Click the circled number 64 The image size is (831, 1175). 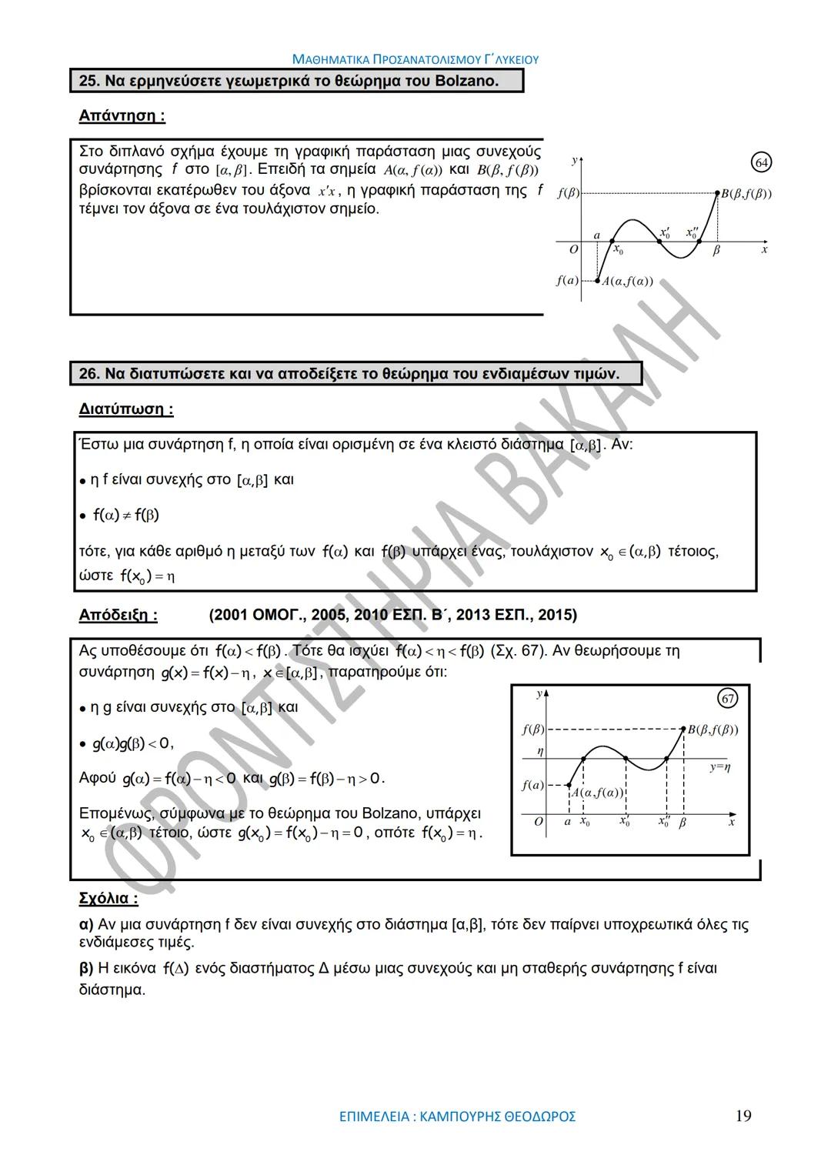[x=761, y=162]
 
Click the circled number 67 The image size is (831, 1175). [x=727, y=698]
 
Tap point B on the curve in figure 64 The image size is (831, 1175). [x=717, y=193]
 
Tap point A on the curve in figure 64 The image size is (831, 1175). [x=598, y=281]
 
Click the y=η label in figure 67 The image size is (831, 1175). [x=720, y=767]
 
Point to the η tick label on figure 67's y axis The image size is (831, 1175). [x=540, y=751]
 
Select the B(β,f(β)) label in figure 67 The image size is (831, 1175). [x=713, y=729]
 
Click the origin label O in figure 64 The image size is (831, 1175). [x=573, y=249]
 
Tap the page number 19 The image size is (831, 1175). [x=743, y=1116]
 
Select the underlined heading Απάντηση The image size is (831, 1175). [x=122, y=116]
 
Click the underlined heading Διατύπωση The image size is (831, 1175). [x=126, y=409]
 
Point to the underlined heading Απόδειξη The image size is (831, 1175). [x=118, y=615]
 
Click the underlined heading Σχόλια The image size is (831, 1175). [x=108, y=898]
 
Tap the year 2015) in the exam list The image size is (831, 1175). [x=557, y=615]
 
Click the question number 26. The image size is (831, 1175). [x=89, y=374]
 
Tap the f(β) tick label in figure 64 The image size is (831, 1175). [x=568, y=193]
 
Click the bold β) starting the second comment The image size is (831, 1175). [x=86, y=968]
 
